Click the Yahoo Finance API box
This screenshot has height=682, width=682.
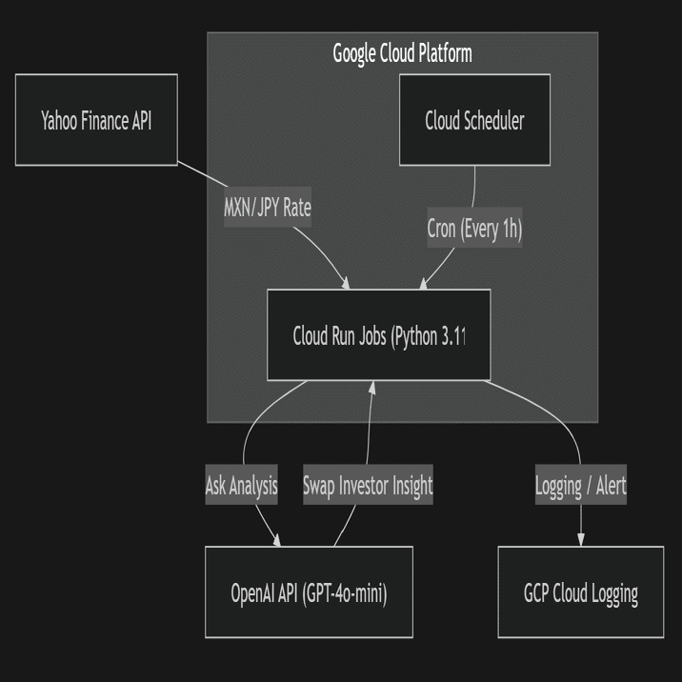96,120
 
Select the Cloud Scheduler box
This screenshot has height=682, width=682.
474,120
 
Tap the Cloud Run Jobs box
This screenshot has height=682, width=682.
378,335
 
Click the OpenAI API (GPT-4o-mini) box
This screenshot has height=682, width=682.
309,592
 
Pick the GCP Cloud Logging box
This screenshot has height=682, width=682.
580,592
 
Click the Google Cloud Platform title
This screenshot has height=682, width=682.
402,53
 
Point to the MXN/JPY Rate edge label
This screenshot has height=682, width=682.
267,208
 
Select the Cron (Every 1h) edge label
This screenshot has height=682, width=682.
474,230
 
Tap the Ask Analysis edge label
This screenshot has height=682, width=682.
241,486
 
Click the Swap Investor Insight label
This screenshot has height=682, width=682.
368,486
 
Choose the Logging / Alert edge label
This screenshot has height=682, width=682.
580,487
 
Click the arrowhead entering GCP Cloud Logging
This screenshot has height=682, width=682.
581,540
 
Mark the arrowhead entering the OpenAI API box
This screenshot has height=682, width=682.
277,541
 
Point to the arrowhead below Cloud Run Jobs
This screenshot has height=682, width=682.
372,387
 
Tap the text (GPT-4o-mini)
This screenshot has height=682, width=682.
345,593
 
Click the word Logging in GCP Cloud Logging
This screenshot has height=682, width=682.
614,593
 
